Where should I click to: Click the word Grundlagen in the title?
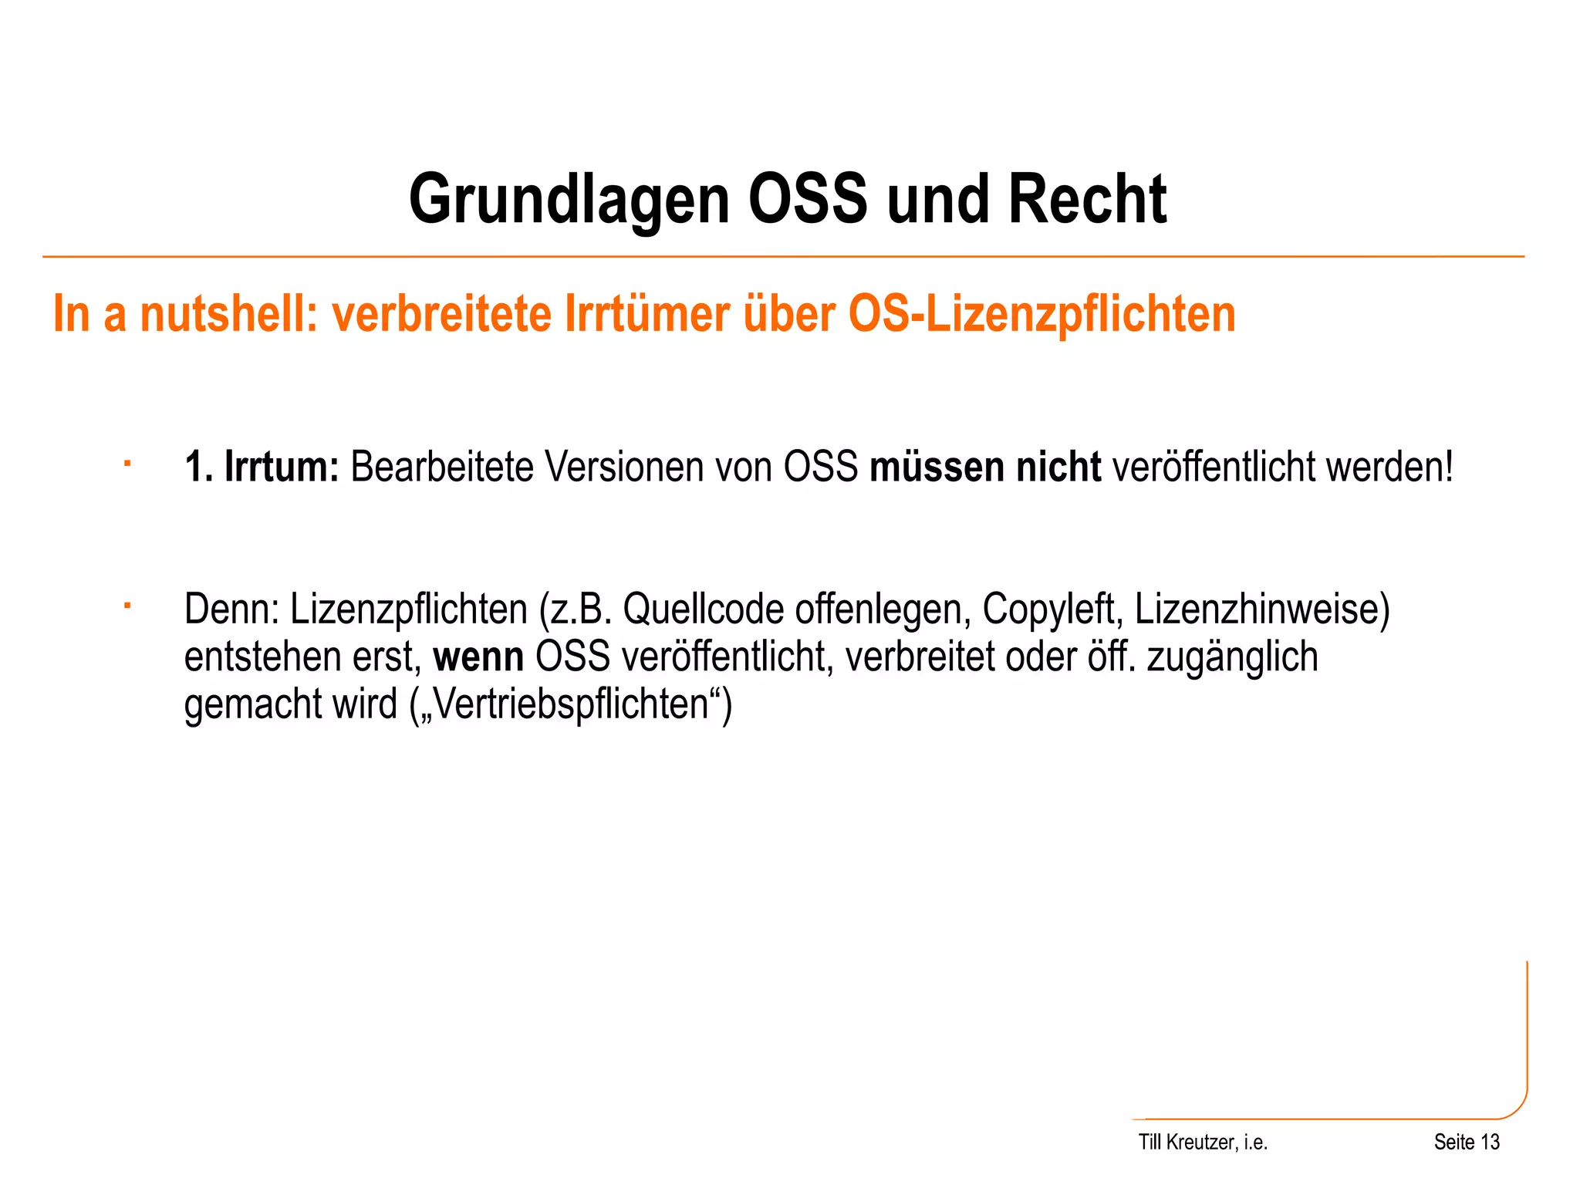(x=569, y=200)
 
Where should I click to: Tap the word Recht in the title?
(x=1087, y=200)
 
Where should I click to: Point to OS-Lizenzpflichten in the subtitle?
(x=1042, y=315)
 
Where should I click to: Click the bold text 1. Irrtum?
(x=262, y=468)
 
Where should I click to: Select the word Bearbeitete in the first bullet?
(x=442, y=468)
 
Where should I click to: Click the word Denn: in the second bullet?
(x=231, y=609)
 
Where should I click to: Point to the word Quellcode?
(x=703, y=609)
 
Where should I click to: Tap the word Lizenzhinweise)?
(x=1261, y=609)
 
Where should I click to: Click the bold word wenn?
(x=478, y=657)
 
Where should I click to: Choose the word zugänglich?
(x=1232, y=657)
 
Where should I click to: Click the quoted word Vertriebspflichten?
(x=572, y=704)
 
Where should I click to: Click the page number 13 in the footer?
(x=1490, y=1143)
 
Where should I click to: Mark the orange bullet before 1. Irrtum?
(x=127, y=464)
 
